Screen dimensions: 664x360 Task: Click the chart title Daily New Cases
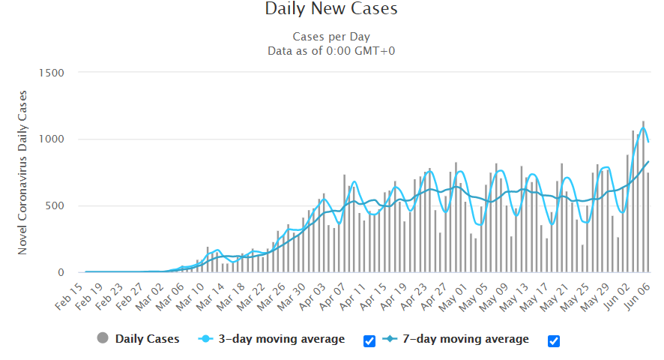click(x=331, y=9)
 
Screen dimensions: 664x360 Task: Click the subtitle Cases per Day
click(x=331, y=37)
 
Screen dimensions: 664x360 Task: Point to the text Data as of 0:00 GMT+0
click(x=331, y=51)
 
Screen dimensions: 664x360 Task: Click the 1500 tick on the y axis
click(x=51, y=73)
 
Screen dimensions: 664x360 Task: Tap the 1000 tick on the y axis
click(x=51, y=139)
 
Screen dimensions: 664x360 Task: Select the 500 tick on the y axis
click(x=54, y=205)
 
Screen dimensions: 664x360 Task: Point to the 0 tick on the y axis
click(x=61, y=272)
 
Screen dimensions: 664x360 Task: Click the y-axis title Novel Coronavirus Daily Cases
click(x=22, y=172)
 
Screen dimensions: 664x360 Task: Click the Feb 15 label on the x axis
click(x=70, y=297)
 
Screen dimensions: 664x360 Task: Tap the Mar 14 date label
click(x=211, y=297)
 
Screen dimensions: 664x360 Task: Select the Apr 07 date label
click(x=333, y=297)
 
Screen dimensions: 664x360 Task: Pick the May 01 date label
click(x=454, y=297)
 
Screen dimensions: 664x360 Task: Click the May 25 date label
click(x=575, y=297)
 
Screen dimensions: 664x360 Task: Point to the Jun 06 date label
click(x=637, y=297)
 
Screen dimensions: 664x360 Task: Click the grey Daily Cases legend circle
click(x=103, y=338)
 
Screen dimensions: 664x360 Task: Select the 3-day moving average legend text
click(x=282, y=339)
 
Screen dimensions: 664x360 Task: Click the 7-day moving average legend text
click(x=466, y=339)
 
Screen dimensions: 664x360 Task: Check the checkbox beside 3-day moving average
click(x=369, y=341)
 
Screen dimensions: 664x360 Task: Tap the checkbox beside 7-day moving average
click(x=554, y=341)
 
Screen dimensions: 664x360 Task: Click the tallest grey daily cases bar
click(x=643, y=196)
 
